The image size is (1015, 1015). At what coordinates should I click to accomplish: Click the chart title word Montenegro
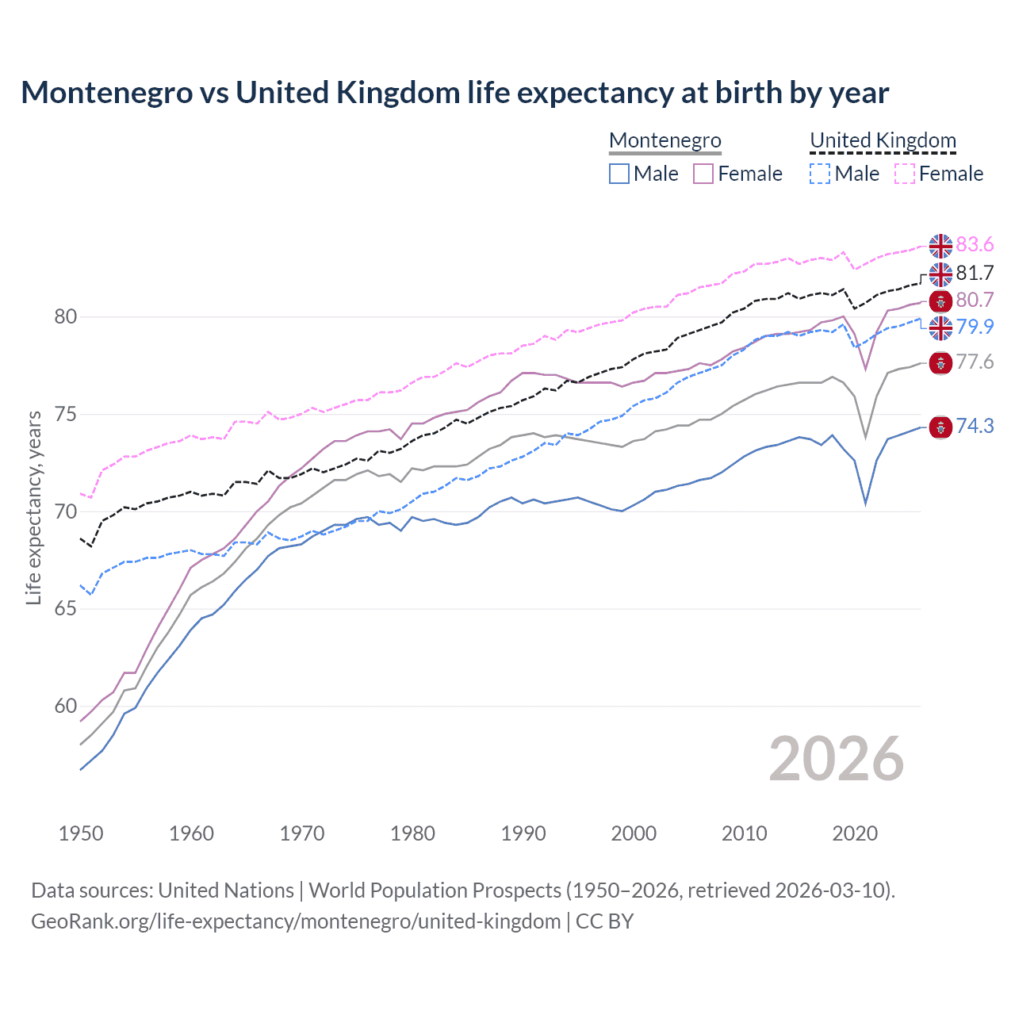tap(107, 93)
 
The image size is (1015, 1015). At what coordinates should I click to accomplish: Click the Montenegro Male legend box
tap(619, 174)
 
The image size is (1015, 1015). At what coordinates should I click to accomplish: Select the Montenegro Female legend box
tap(703, 174)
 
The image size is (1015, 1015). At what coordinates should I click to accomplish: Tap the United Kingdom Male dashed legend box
tap(820, 174)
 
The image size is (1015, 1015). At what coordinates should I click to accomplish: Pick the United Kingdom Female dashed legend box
tap(904, 174)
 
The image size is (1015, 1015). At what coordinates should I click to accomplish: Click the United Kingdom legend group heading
tap(883, 140)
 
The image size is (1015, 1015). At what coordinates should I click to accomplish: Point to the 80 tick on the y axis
tap(65, 317)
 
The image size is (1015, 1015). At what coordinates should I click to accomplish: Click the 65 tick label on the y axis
tap(65, 609)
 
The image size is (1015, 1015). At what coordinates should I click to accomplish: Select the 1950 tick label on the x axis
tap(81, 833)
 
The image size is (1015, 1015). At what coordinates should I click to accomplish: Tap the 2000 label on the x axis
tap(634, 833)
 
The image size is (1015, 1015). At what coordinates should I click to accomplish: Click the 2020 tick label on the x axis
tap(855, 833)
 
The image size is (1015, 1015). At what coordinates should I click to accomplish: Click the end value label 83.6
tap(975, 245)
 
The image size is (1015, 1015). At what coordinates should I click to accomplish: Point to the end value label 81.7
tap(975, 274)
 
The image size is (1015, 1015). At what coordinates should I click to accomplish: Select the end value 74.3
tap(975, 427)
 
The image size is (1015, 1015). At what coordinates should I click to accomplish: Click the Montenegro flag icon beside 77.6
tap(940, 363)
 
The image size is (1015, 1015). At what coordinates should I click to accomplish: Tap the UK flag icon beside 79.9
tap(940, 327)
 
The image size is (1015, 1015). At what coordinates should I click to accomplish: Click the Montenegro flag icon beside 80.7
tap(940, 301)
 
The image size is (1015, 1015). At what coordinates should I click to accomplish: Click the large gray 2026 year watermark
tap(836, 760)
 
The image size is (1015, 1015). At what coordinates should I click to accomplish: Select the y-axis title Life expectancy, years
tap(34, 507)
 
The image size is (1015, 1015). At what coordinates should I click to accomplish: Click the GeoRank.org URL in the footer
tap(296, 921)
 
